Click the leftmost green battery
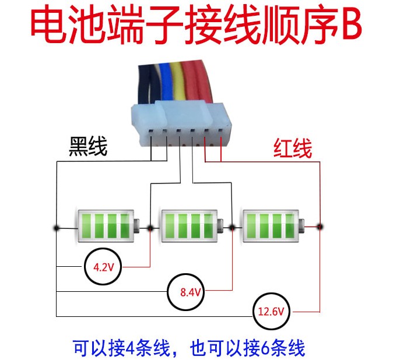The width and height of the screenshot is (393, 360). point(107,226)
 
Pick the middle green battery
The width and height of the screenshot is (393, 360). point(191,226)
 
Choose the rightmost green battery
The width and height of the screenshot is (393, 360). point(273,226)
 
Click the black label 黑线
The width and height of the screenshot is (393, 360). point(88,146)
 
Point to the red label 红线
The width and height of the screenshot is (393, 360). point(293,148)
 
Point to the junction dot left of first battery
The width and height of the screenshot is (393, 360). point(57,228)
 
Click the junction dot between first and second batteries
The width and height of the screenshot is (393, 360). point(150,228)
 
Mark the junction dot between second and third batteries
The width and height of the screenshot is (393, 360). point(232,228)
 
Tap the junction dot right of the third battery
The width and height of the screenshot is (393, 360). point(320,227)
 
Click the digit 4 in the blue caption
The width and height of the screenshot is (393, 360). point(131,347)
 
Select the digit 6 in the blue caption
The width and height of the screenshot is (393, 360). point(266,347)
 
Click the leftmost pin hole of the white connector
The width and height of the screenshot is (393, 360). point(151,130)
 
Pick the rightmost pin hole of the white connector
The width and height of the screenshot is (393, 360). point(220,130)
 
